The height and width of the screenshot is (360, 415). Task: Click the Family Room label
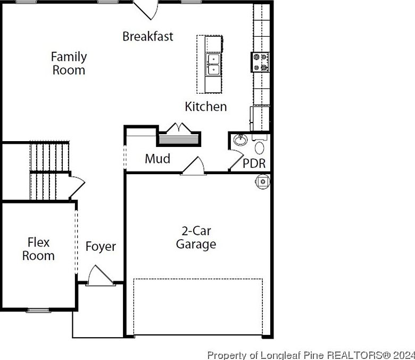point(69,63)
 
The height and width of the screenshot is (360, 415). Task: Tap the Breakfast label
point(148,36)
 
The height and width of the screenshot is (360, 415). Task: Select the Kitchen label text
point(205,107)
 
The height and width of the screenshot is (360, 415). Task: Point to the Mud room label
point(157,159)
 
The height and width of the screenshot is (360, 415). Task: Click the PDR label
point(254,163)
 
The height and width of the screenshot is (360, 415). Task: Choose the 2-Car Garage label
point(196,238)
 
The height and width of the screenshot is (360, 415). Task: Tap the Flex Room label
point(38,249)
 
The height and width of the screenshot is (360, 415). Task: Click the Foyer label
point(101,247)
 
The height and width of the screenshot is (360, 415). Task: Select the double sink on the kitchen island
point(214,64)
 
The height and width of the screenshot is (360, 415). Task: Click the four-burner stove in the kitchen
point(260,62)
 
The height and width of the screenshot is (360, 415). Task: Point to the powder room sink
point(241,141)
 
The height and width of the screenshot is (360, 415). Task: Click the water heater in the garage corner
point(262,182)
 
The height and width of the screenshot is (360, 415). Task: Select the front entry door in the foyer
point(99,276)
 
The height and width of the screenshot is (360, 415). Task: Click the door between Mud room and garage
point(194,166)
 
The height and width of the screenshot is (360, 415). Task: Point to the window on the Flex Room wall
point(38,310)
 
